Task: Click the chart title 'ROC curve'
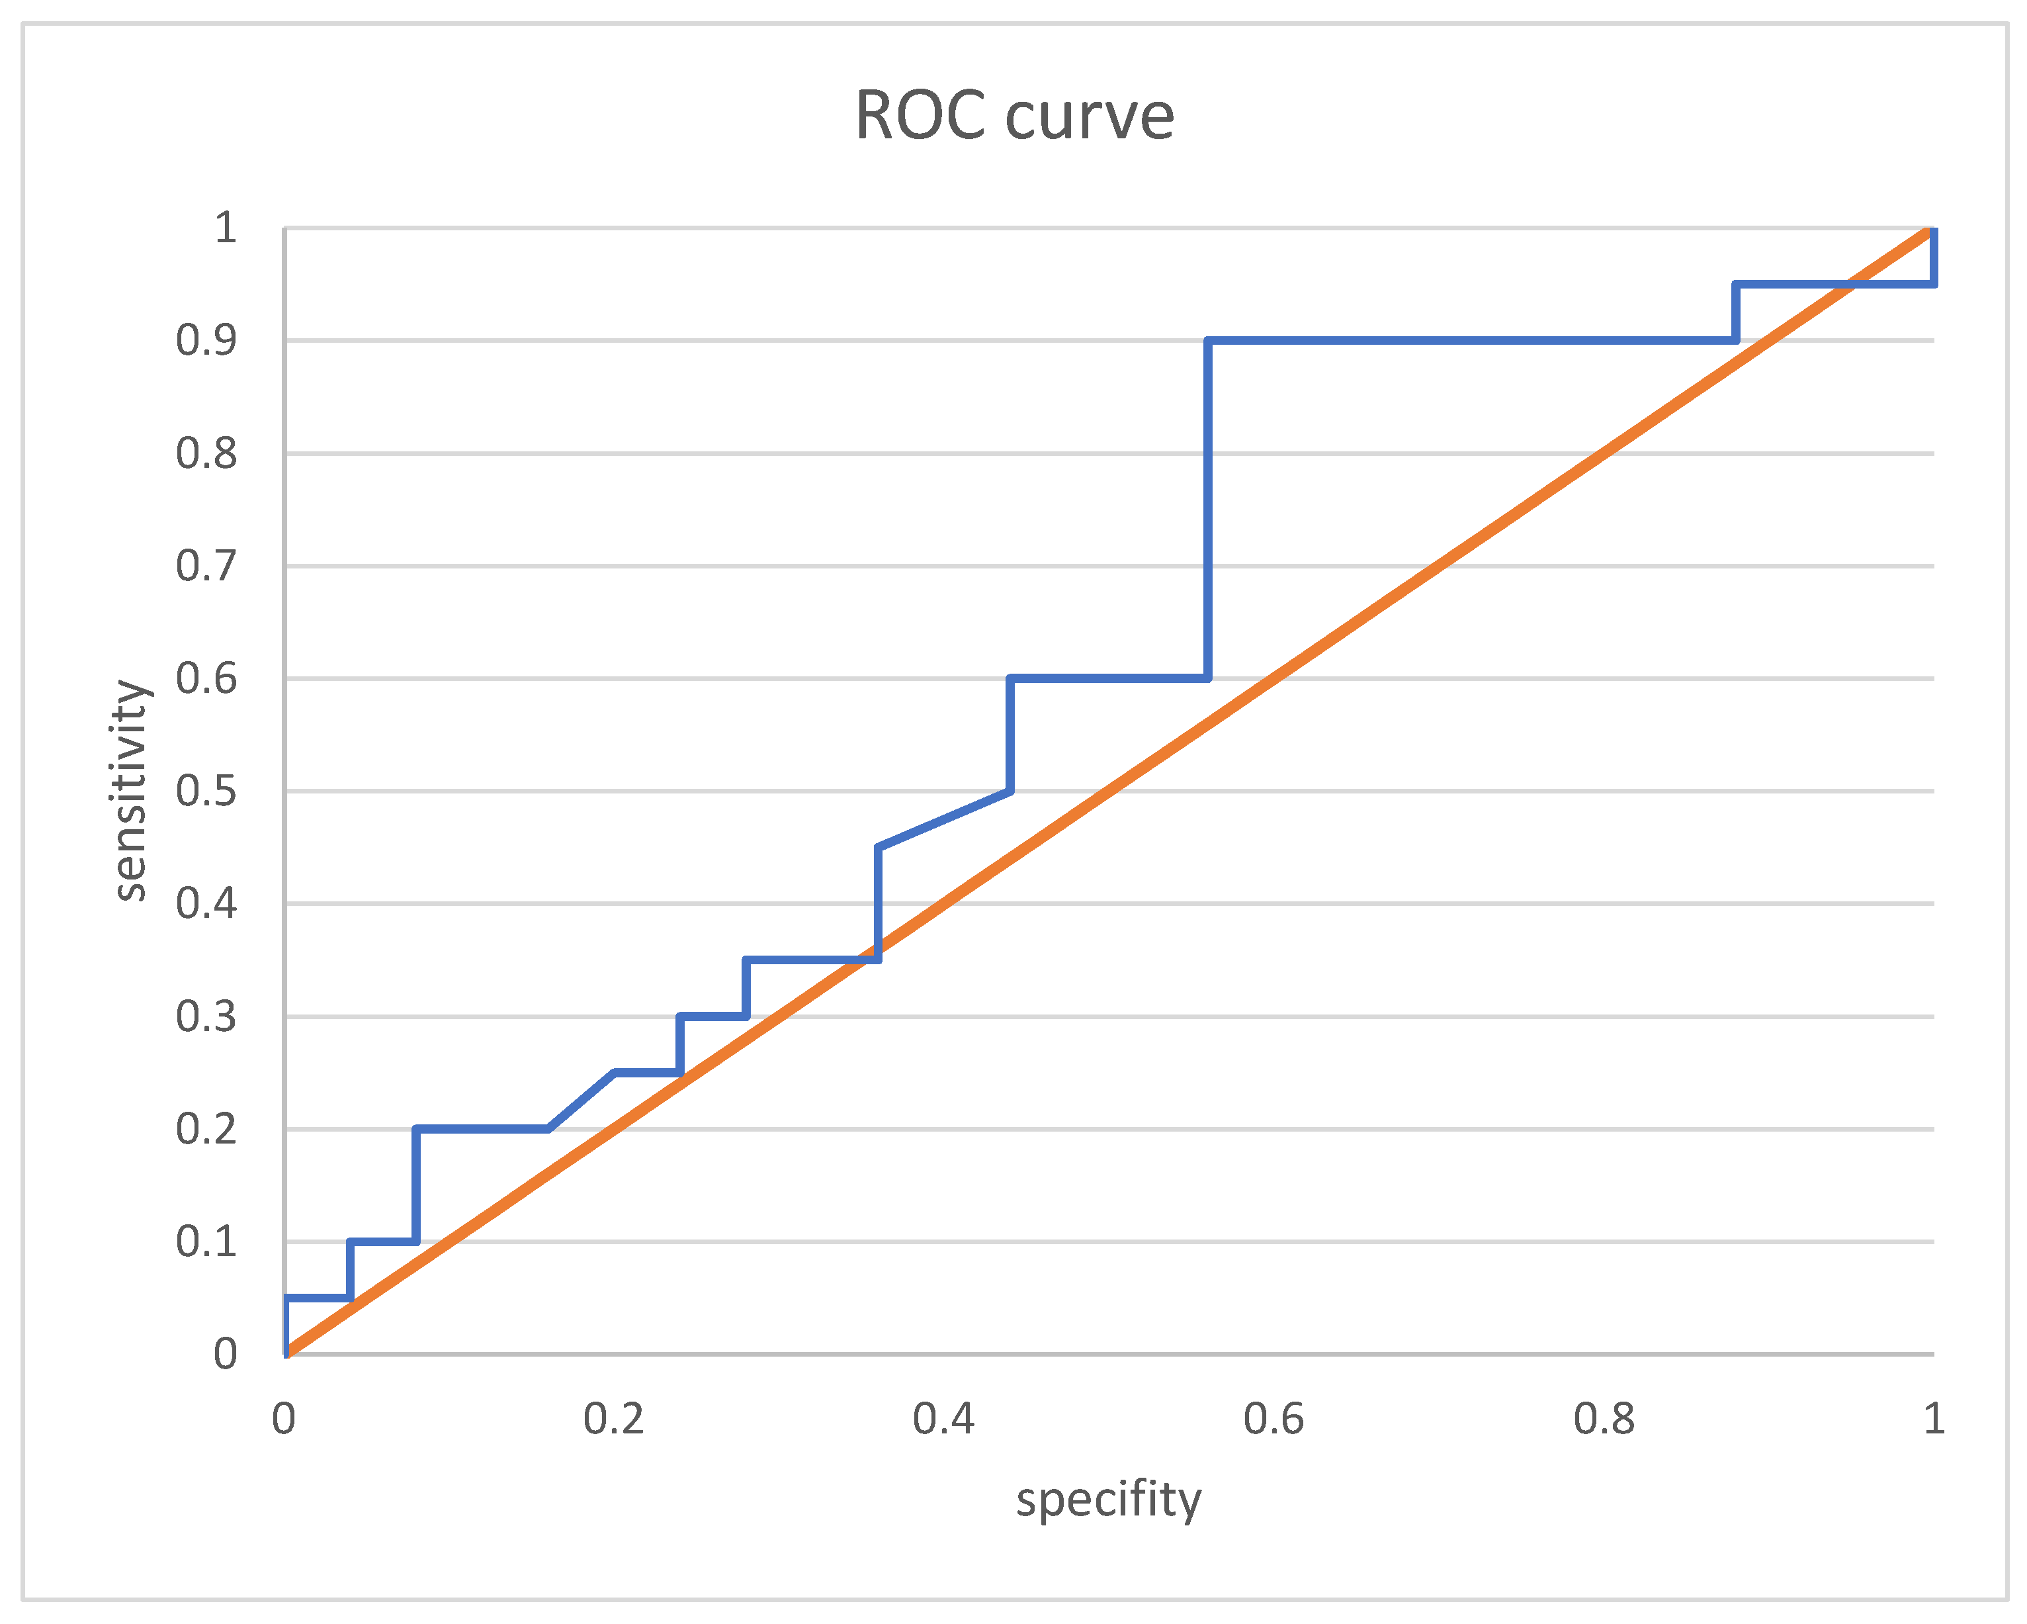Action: click(1013, 116)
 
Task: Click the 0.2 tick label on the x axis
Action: click(614, 1419)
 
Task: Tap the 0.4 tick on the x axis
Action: click(944, 1419)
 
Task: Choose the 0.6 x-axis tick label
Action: click(1274, 1419)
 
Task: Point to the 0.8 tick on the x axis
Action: click(1604, 1419)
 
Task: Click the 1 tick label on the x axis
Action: click(1933, 1419)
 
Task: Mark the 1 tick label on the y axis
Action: click(225, 228)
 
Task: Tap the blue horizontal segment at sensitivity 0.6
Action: click(1109, 678)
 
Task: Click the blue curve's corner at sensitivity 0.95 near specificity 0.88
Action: click(1735, 284)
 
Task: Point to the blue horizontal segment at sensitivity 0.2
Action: click(482, 1128)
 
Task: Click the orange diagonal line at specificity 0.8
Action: click(1604, 453)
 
